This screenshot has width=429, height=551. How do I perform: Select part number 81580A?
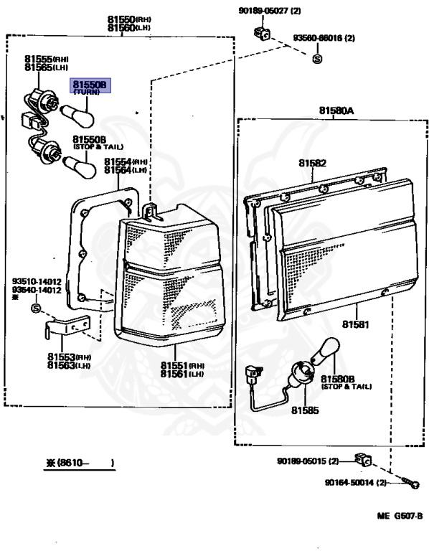point(336,110)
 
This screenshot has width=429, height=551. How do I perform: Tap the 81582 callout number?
point(312,163)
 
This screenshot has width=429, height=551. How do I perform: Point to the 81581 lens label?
point(356,324)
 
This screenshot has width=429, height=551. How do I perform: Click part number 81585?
point(305,410)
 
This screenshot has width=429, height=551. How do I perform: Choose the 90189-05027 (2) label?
point(270,11)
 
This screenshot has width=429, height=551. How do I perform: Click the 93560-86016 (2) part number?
point(324,37)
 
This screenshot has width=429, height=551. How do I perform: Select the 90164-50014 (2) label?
point(356,482)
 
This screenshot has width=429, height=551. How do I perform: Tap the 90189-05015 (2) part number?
point(308,461)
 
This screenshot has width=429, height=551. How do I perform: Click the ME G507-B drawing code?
point(400,516)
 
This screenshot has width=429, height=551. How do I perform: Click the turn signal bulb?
point(77,116)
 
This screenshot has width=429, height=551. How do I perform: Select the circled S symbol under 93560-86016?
point(317,59)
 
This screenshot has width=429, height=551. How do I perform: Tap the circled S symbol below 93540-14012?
point(36,309)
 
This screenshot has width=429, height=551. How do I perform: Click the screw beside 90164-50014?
point(410,483)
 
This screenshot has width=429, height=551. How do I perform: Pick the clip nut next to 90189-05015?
point(363,460)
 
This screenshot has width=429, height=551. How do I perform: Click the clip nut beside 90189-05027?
point(262,34)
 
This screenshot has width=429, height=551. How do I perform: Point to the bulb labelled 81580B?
point(326,349)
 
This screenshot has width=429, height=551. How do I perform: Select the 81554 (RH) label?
point(126,161)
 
